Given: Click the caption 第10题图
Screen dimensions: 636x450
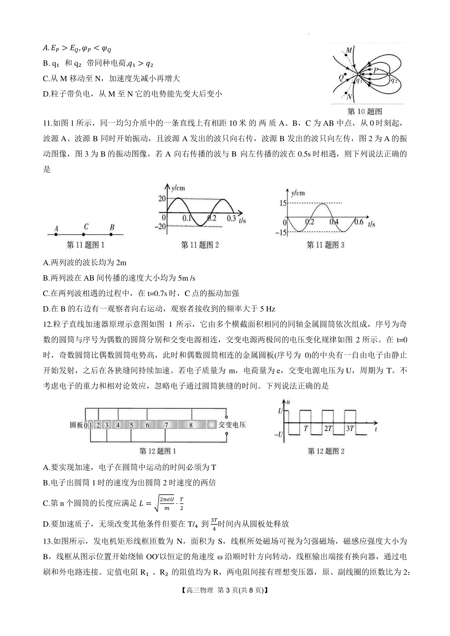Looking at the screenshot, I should click(365, 111).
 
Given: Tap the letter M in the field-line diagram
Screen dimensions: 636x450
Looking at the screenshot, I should click(349, 50).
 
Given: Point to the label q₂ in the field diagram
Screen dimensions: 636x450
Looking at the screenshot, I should click(394, 80).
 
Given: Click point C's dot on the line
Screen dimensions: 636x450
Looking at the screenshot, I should click(84, 234).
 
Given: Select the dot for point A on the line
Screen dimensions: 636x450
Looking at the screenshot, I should click(56, 234).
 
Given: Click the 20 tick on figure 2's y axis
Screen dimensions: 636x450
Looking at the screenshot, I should click(162, 199).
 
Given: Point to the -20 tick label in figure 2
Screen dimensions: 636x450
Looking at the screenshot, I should click(160, 226).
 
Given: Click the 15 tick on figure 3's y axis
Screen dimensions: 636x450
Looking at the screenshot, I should click(282, 203).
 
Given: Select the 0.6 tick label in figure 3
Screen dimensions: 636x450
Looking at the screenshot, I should click(358, 221).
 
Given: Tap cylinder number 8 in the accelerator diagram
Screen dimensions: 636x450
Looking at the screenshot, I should click(191, 425).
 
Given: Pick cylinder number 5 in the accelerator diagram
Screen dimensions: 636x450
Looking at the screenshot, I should click(131, 425).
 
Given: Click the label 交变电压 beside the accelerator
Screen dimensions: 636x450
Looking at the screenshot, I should click(232, 425).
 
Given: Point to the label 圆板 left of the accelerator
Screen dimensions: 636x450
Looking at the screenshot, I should click(76, 425).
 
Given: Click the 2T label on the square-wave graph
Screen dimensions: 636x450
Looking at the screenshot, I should click(328, 428).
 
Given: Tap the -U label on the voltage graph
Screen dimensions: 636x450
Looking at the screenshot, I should click(279, 435).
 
